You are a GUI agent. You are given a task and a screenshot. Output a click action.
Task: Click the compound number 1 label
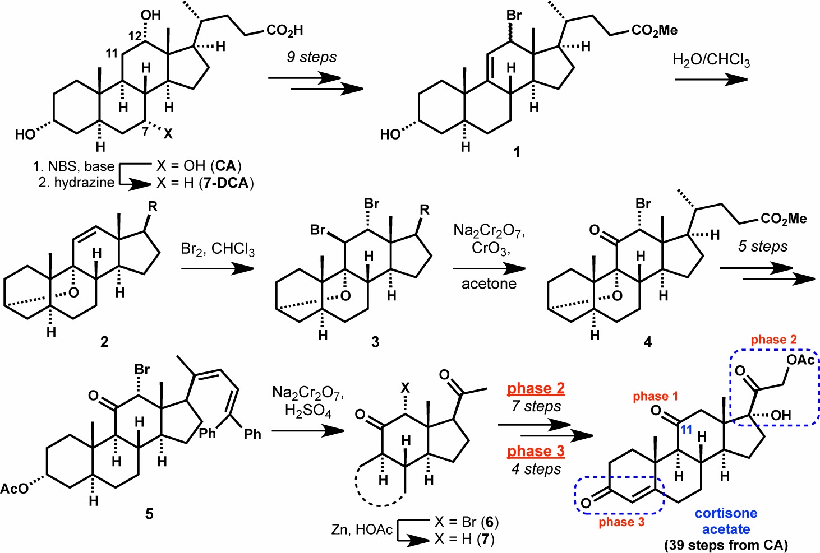click(x=517, y=152)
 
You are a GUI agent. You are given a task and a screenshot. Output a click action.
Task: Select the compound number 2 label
click(x=104, y=342)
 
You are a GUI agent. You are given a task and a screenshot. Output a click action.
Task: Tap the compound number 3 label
click(x=375, y=342)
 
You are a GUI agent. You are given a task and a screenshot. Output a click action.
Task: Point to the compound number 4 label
click(x=647, y=342)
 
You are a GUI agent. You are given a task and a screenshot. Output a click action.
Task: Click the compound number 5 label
click(x=149, y=514)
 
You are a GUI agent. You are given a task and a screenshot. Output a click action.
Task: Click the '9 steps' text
click(x=311, y=57)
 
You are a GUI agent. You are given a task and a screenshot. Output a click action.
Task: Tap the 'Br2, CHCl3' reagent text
click(x=218, y=249)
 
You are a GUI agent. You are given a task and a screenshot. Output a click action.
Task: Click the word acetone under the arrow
click(x=489, y=284)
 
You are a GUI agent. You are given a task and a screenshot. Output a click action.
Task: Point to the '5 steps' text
click(x=763, y=246)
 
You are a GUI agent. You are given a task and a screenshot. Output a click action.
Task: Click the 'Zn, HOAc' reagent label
click(x=362, y=529)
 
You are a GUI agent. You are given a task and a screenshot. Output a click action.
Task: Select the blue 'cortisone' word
click(x=726, y=513)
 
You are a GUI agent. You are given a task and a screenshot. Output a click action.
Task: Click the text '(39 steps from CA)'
click(x=726, y=545)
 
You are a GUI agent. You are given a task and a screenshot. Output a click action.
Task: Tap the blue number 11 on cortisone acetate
click(x=686, y=429)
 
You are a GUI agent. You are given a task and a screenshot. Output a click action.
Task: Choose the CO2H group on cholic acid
click(x=285, y=30)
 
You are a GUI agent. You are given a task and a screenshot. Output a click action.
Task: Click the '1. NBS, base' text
click(x=73, y=166)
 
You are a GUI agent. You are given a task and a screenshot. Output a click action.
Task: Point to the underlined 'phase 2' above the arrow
click(x=536, y=388)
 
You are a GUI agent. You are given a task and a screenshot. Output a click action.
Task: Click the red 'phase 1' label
click(x=655, y=396)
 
